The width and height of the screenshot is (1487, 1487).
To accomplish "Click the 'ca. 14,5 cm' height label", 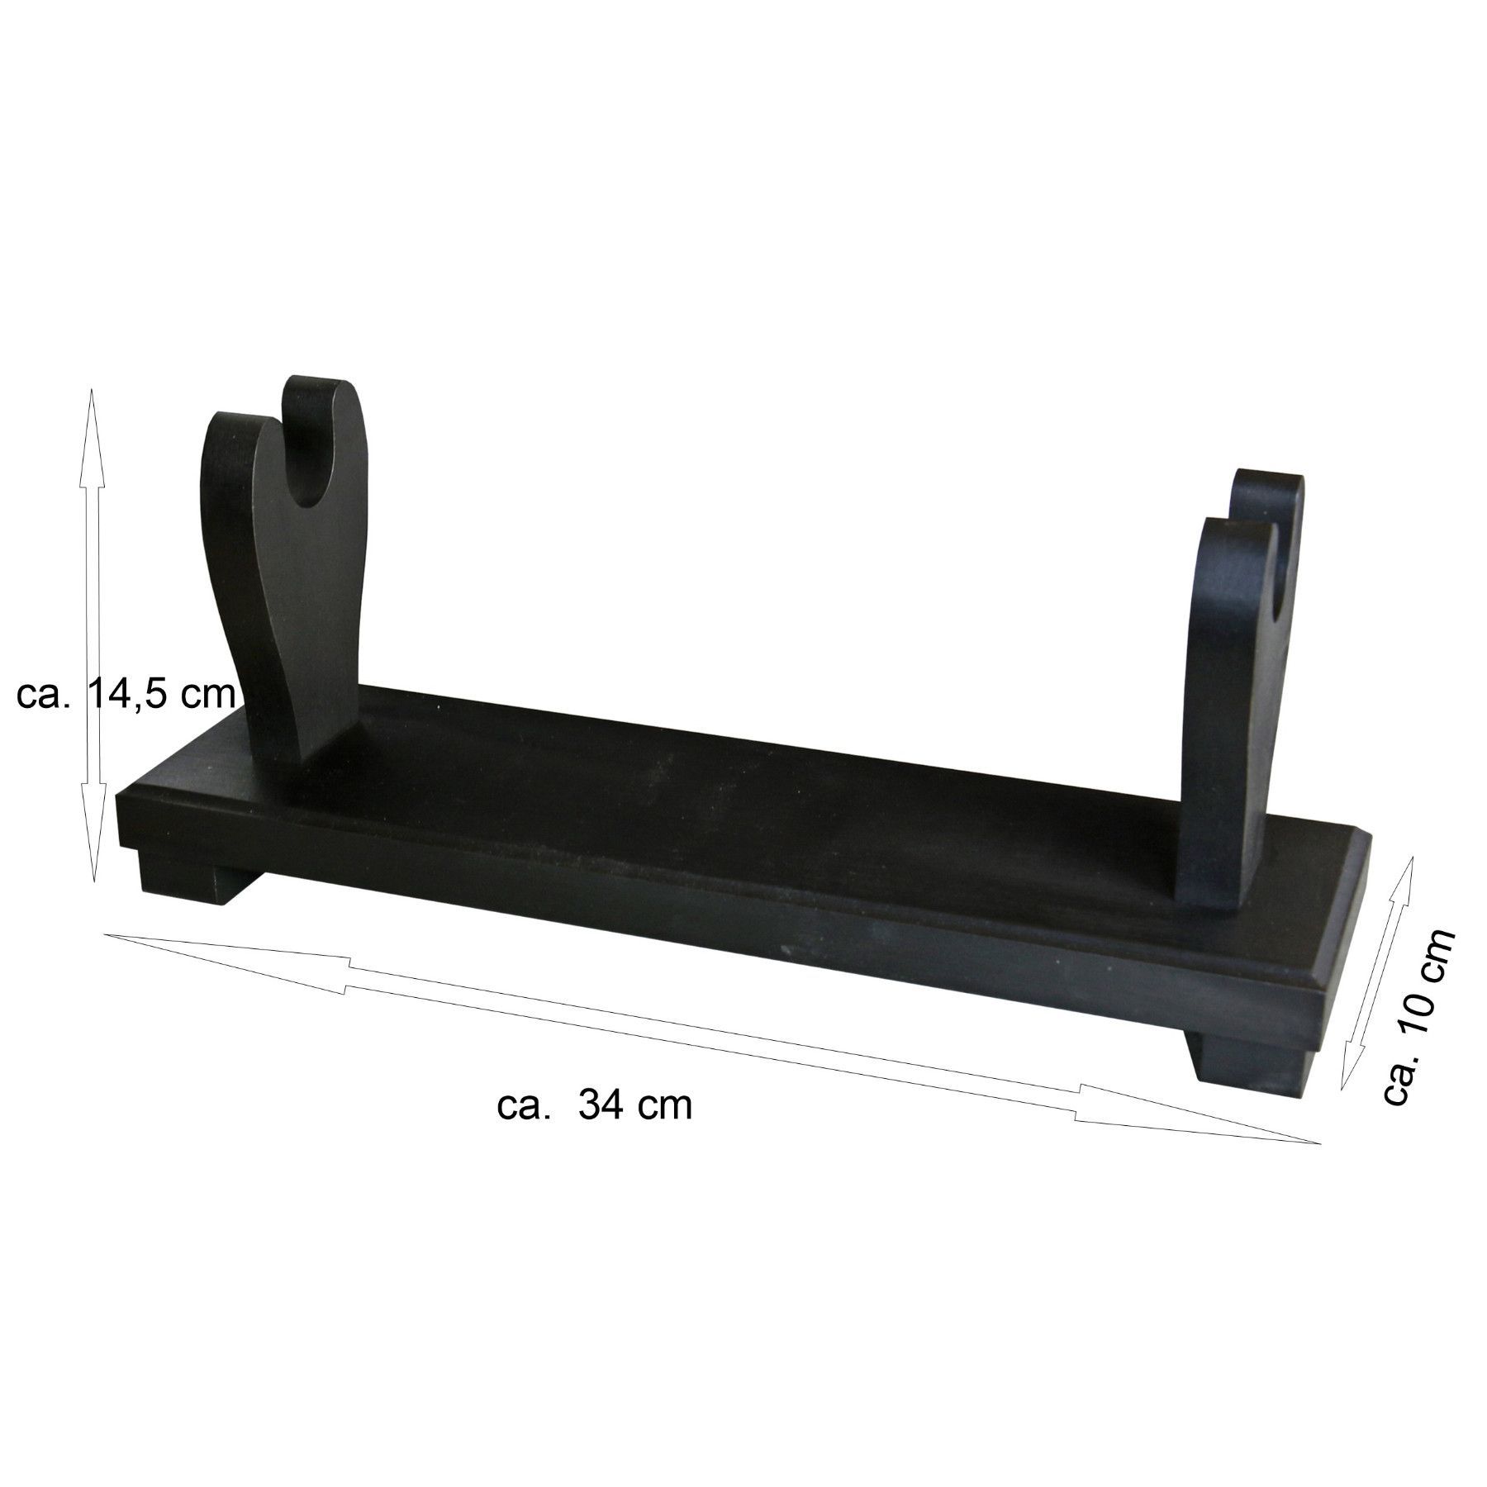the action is click(x=126, y=696).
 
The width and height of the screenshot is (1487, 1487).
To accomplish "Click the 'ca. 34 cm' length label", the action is click(x=595, y=1105).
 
